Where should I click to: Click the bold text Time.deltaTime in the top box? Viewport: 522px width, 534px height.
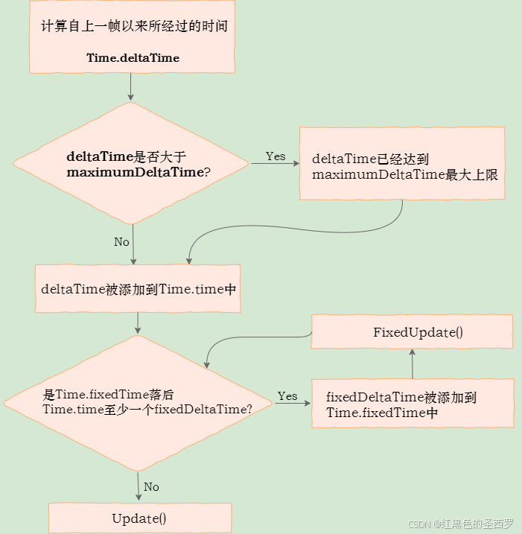(133, 57)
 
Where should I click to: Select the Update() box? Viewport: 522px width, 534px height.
(139, 518)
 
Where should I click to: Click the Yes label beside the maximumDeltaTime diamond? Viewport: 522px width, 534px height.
(276, 156)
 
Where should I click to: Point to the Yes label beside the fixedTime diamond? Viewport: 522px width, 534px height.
(287, 396)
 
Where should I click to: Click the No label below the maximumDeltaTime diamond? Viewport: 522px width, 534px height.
(121, 242)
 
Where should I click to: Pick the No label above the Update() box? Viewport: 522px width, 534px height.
(151, 487)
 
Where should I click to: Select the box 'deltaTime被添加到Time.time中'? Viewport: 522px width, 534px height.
(138, 288)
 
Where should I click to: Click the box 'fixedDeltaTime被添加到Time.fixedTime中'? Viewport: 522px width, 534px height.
(413, 404)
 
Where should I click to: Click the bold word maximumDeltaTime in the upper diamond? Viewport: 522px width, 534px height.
(135, 172)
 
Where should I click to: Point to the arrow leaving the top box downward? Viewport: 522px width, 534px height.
(131, 86)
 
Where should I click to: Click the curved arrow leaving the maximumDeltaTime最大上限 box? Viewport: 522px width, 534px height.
(298, 229)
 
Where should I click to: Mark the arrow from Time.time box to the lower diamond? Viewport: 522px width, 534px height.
(138, 323)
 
